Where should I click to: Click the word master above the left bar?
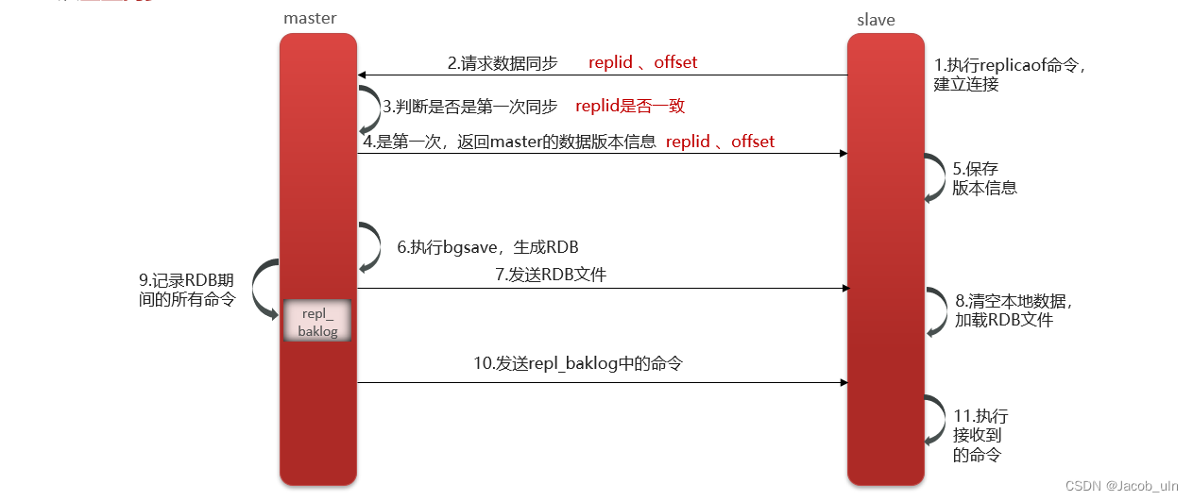(x=310, y=18)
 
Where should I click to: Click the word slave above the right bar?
(x=876, y=19)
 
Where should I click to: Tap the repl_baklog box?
(x=317, y=322)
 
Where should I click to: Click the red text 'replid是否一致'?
(x=629, y=107)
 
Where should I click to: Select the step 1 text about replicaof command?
(x=1010, y=75)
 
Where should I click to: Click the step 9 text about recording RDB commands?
(x=187, y=290)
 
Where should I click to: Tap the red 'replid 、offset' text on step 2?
(x=642, y=62)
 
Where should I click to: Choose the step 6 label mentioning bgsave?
(x=487, y=247)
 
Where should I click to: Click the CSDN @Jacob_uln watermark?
(x=1121, y=485)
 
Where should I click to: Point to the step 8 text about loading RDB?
(x=1014, y=310)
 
